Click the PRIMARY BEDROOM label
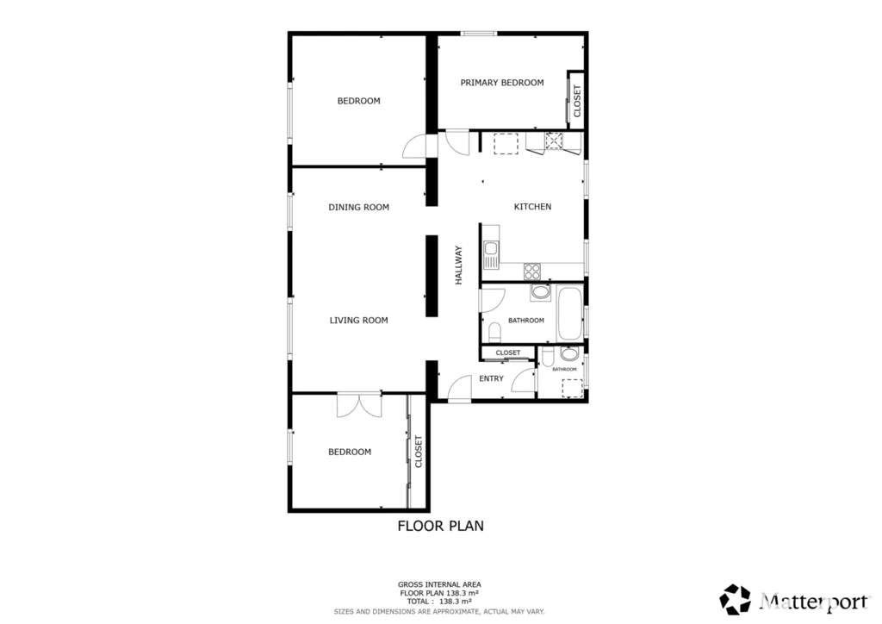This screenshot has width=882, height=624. pos(502,83)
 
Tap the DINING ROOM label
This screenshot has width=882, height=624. pos(358,207)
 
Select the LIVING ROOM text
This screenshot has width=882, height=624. pos(358,320)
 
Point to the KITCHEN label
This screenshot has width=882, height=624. pos(532,207)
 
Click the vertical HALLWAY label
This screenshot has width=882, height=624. pos(458,265)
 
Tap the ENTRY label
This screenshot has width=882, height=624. pos(491,378)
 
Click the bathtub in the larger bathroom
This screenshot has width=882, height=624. pos(570,314)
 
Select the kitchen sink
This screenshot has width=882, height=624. pos(491,254)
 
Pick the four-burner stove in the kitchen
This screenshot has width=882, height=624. pos(532,271)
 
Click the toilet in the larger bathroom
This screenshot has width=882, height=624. pos(494,332)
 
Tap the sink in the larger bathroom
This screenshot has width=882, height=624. pos(541,292)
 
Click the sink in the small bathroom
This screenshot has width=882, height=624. pos(569,354)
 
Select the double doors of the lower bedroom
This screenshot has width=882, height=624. pos(359,405)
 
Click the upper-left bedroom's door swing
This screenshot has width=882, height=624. pos(415,147)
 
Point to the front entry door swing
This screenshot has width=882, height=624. pos(460,388)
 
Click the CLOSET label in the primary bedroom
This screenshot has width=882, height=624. pos(576,101)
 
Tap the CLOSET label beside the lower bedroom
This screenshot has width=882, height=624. pos(418,452)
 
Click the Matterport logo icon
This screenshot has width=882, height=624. pos(736,599)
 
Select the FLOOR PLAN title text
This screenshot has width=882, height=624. pos(440,526)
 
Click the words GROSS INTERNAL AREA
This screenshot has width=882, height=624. pos(439,584)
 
